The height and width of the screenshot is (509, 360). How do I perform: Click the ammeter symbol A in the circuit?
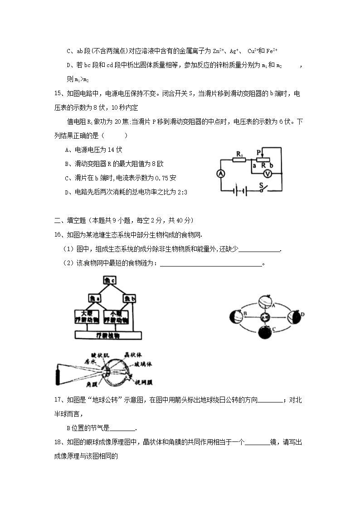(221, 174)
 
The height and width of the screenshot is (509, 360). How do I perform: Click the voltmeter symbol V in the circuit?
(268, 173)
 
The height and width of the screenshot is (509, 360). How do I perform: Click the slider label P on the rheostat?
(258, 152)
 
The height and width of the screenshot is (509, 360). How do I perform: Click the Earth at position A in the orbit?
(264, 301)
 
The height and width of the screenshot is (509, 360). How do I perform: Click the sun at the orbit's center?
(265, 317)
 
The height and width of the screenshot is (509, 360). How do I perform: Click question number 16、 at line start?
(59, 235)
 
